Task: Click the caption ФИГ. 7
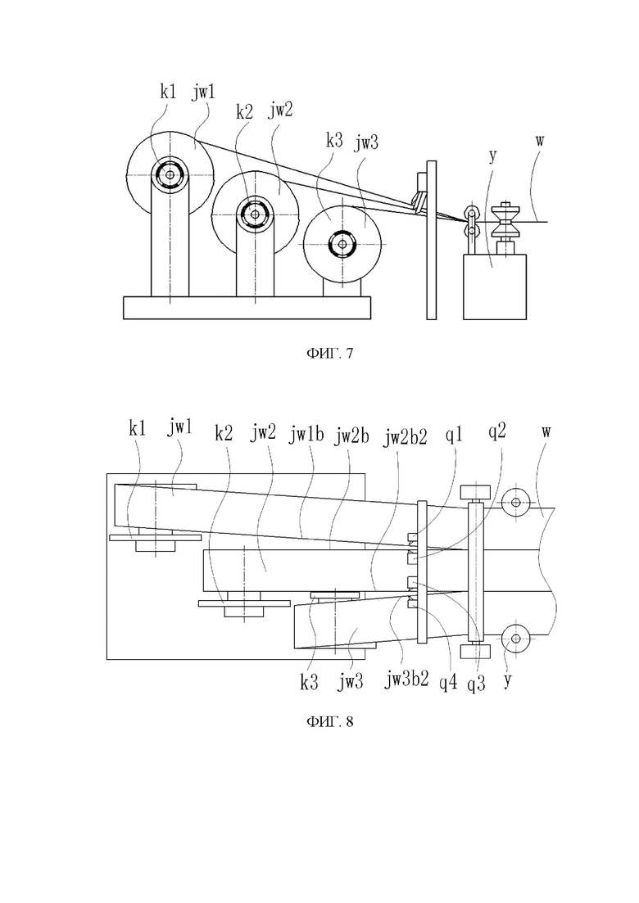point(329,353)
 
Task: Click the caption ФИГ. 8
point(329,721)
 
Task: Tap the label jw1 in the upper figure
point(203,93)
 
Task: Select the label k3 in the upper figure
point(334,140)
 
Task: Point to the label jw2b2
point(405,437)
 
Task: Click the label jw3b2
point(407,680)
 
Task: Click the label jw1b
point(306,436)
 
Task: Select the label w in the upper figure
point(539,141)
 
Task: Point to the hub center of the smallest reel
point(342,244)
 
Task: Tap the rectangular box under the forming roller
point(494,287)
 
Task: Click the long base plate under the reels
point(247,308)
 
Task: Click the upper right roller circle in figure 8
point(515,502)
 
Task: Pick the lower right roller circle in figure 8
point(515,638)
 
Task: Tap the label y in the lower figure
point(507,680)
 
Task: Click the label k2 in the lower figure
point(224,433)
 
